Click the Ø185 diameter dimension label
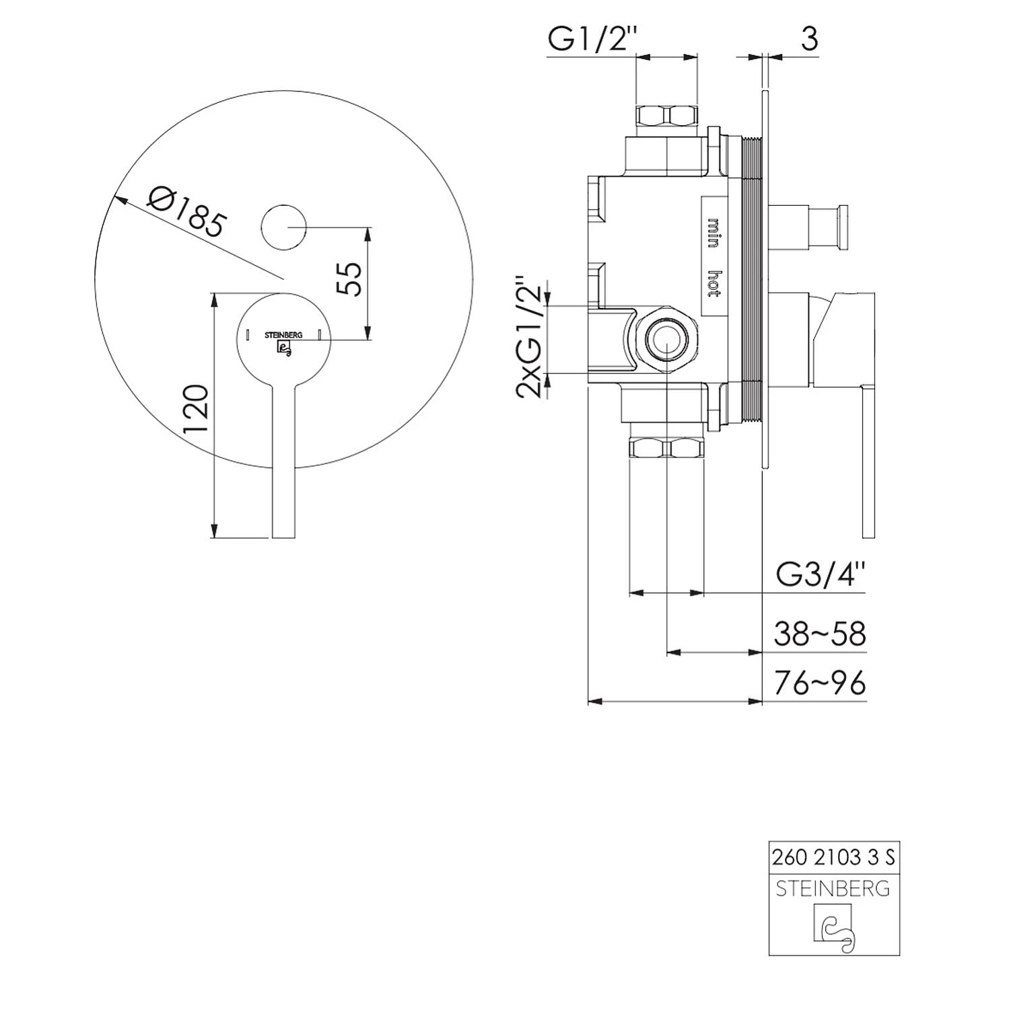[185, 211]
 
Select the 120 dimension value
[196, 409]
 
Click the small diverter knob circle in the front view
[283, 227]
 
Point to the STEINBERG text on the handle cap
[283, 334]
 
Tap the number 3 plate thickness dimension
[810, 39]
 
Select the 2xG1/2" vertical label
[529, 336]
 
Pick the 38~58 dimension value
[820, 634]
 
